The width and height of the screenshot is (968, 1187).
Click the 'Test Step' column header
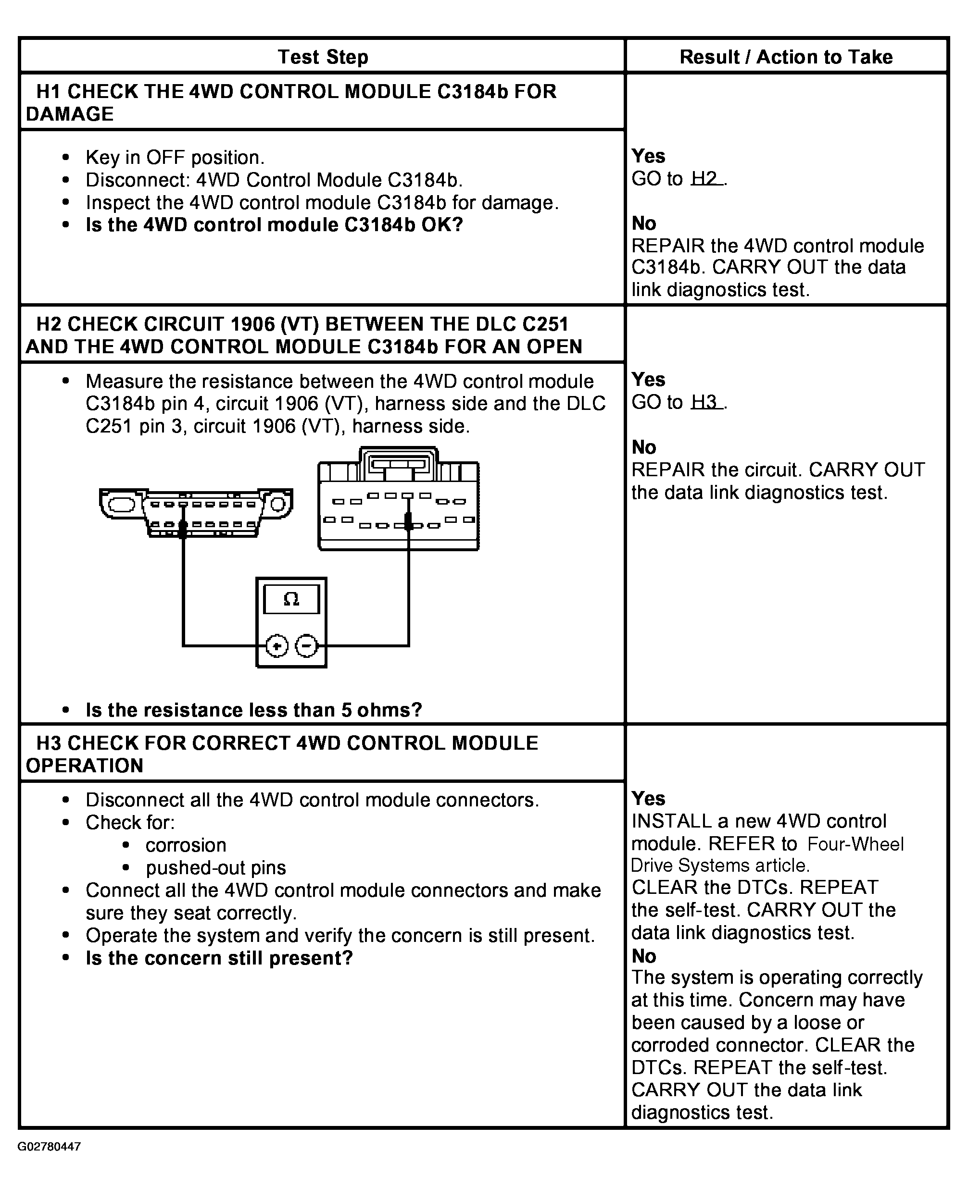[x=323, y=57]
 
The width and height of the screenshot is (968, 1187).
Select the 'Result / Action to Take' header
[x=786, y=57]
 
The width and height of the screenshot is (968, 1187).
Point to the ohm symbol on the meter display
[x=291, y=599]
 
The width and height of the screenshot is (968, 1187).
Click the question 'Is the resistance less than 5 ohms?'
[x=254, y=710]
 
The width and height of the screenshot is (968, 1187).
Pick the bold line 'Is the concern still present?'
[x=219, y=958]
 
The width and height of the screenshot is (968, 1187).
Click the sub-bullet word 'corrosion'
[x=186, y=845]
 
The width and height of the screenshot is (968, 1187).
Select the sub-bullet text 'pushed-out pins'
[x=216, y=868]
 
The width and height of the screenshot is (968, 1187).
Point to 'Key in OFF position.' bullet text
[x=175, y=158]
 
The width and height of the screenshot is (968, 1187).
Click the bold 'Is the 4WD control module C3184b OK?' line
[x=275, y=225]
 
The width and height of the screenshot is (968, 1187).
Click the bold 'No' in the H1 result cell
[x=644, y=223]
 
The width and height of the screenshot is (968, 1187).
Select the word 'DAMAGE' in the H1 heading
[x=70, y=114]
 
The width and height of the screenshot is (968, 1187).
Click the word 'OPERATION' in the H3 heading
[x=85, y=766]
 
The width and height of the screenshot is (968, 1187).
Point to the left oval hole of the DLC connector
[x=122, y=505]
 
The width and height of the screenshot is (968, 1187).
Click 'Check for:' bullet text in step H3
[x=130, y=823]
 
